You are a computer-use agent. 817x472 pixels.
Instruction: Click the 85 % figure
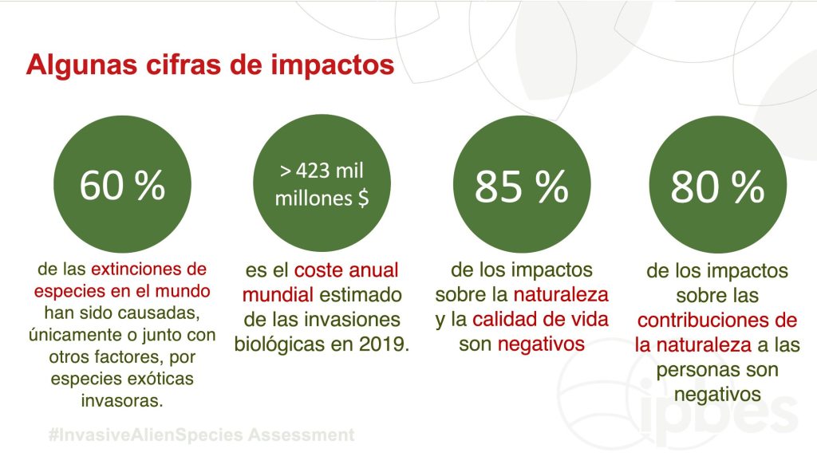click(521, 186)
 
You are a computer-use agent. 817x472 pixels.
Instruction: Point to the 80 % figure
click(717, 187)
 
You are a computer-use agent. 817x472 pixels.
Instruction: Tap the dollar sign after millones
click(364, 199)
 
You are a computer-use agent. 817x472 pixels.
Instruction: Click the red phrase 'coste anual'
click(345, 269)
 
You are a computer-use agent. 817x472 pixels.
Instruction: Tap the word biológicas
click(276, 344)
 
